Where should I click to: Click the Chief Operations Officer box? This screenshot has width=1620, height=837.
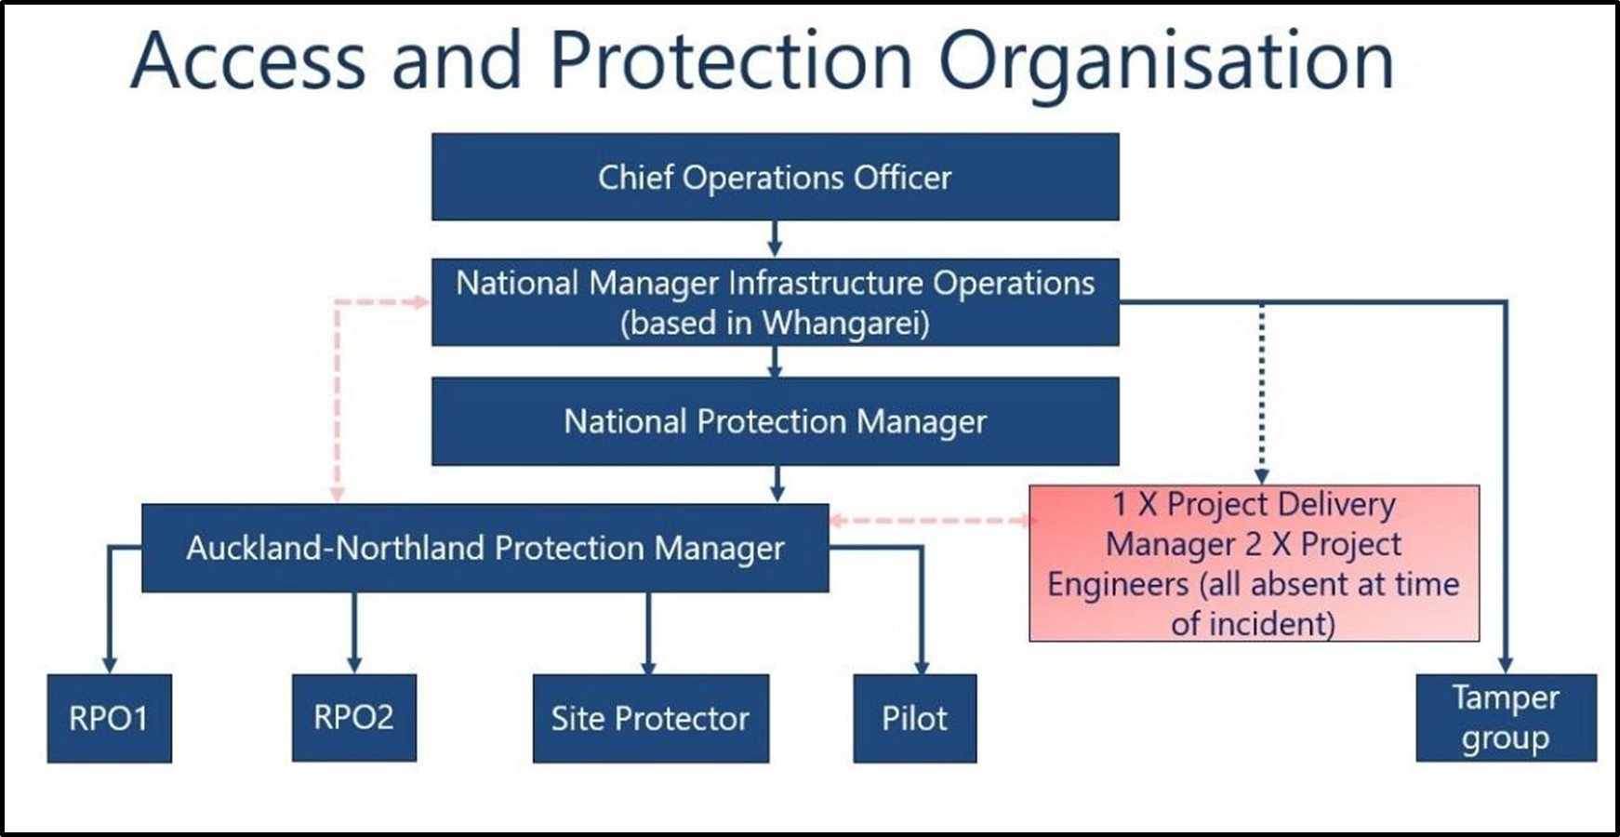click(775, 177)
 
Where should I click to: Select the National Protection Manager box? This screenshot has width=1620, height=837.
click(775, 421)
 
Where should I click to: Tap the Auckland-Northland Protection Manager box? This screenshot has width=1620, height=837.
click(485, 548)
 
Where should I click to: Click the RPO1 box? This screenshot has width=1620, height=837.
click(109, 718)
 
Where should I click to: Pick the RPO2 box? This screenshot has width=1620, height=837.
click(353, 717)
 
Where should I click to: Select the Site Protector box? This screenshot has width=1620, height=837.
click(650, 718)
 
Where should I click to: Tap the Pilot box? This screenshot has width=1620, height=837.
click(914, 718)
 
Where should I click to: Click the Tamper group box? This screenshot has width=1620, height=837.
click(1506, 718)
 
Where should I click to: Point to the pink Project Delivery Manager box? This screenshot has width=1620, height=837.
click(1254, 563)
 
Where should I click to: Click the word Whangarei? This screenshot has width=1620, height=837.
click(844, 324)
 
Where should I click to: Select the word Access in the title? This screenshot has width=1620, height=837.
click(247, 60)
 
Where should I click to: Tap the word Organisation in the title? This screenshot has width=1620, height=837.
click(1165, 60)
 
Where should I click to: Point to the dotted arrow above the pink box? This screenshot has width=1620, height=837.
click(1262, 391)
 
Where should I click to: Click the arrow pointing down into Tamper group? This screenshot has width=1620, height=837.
click(1505, 662)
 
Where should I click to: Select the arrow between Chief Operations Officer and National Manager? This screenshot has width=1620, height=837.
click(775, 240)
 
